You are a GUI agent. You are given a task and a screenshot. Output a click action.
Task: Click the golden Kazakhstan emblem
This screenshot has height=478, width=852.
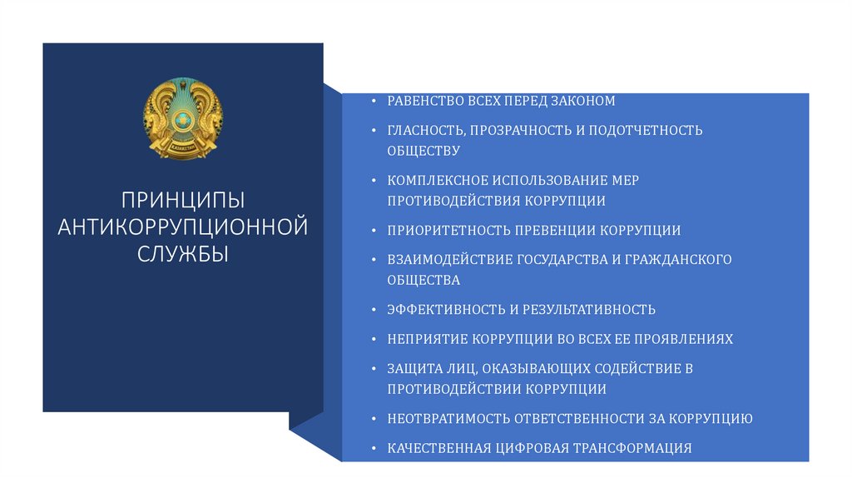point(183,118)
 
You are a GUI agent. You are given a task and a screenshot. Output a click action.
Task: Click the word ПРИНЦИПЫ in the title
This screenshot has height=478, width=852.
point(183,201)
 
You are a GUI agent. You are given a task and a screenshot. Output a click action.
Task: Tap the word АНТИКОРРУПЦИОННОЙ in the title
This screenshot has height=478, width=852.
point(183,227)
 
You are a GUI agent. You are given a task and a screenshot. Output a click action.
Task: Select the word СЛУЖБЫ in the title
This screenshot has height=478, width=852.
point(183,252)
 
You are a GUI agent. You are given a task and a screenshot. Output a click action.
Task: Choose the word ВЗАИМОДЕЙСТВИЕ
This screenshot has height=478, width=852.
point(448,260)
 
